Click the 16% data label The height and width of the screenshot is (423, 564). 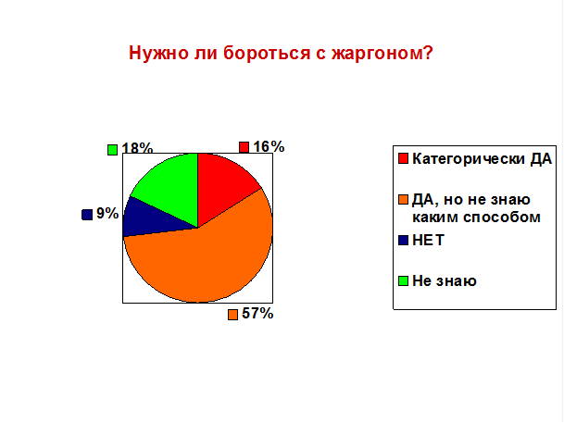269,146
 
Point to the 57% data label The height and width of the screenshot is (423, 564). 257,314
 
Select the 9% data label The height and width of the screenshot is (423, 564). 107,214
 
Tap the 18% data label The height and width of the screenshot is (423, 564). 137,148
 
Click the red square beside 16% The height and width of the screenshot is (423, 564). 244,147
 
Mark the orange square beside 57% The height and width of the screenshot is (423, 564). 232,315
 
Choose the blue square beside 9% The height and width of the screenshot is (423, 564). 87,215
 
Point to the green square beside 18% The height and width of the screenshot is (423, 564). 113,150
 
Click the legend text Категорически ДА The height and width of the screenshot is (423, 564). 482,158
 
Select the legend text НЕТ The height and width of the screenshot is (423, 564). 429,240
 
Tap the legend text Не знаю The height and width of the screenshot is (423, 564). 445,280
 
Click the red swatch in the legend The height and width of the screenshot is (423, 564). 403,158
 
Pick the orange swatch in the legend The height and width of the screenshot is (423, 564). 403,199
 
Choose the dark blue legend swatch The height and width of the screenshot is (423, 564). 403,240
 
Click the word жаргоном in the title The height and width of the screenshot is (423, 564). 382,53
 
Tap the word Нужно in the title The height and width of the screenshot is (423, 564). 158,53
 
